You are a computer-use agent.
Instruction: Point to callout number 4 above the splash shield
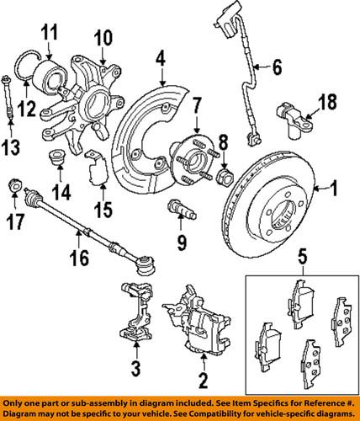tap(159, 59)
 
